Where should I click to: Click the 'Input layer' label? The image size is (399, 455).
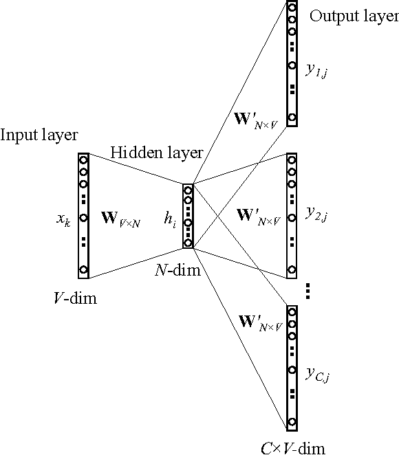click(39, 135)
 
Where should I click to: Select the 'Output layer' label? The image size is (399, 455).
click(354, 16)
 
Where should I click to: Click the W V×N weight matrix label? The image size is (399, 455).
click(121, 221)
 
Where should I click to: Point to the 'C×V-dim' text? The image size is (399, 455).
click(292, 447)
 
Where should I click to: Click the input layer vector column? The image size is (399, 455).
click(84, 215)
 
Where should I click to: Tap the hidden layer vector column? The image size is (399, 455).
click(187, 216)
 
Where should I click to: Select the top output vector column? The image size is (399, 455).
click(292, 64)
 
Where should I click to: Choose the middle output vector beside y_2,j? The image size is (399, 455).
click(292, 215)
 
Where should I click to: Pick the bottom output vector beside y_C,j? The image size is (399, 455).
click(292, 368)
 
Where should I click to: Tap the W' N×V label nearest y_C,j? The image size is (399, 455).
click(259, 320)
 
